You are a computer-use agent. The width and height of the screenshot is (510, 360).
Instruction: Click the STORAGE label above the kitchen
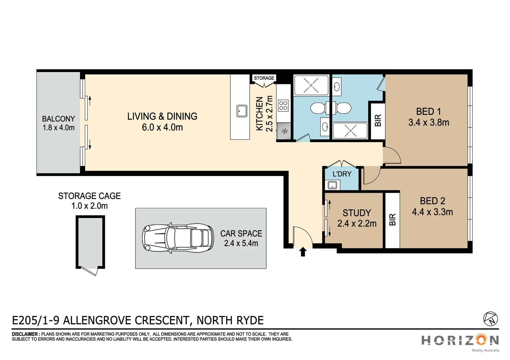[264, 78]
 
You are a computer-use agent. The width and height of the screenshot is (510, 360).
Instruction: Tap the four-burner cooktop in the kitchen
[283, 106]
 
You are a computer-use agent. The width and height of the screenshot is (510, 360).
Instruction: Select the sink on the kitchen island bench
[242, 111]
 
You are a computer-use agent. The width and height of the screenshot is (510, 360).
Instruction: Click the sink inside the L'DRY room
[332, 185]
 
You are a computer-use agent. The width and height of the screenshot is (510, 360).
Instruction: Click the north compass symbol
[490, 319]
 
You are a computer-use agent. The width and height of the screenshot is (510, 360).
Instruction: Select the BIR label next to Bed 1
[378, 120]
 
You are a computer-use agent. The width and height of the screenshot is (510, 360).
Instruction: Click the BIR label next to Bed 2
[393, 220]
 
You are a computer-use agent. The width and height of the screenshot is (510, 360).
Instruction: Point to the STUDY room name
[356, 213]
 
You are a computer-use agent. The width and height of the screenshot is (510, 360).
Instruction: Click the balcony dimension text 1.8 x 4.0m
[58, 128]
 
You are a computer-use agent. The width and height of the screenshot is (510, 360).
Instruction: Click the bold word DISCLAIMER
[25, 334]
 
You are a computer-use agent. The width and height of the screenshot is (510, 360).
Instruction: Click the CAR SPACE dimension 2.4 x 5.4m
[241, 243]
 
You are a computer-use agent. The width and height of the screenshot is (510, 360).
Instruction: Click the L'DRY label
[342, 174]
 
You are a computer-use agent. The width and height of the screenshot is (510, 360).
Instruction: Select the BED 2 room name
[432, 201]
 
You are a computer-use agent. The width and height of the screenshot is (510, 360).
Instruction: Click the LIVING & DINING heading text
[162, 116]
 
